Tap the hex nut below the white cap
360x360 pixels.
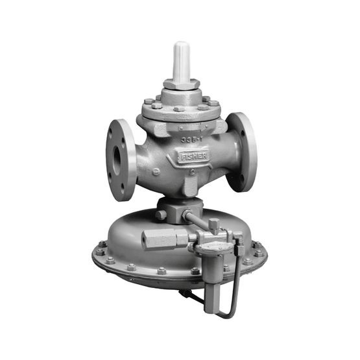[181, 84]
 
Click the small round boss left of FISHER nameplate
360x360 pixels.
[156, 171]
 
